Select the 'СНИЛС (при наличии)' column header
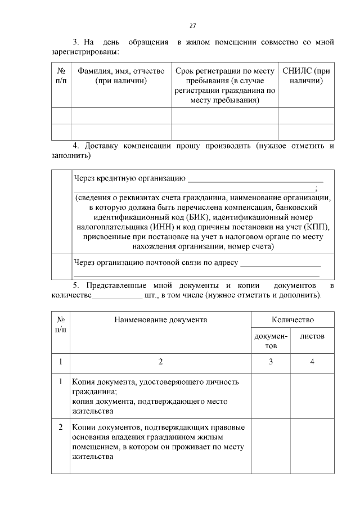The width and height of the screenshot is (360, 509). point(306,76)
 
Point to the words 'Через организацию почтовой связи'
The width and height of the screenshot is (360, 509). point(156,263)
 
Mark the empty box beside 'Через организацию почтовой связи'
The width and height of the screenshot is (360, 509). point(61,267)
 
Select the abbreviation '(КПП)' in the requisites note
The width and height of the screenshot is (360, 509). point(317,227)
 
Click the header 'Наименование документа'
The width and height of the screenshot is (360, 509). point(160,319)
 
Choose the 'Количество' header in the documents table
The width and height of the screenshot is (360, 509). point(292,319)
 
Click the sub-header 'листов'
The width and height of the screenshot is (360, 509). point(312,336)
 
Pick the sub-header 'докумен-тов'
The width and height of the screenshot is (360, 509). point(271,340)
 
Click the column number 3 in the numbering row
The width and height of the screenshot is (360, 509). point(271,362)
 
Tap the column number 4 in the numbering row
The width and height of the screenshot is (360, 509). point(312,362)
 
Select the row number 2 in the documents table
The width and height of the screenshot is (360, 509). point(61,427)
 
